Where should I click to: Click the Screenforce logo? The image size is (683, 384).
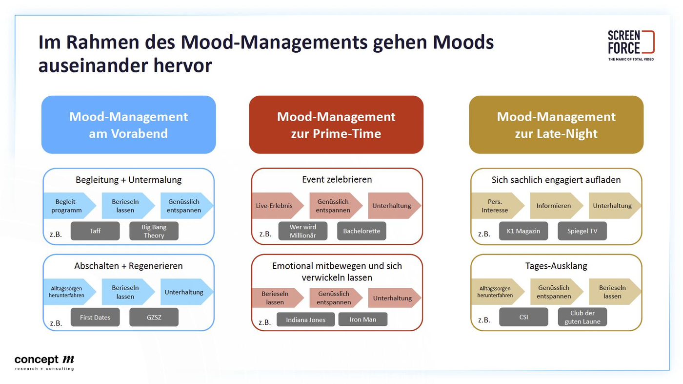coord(631,45)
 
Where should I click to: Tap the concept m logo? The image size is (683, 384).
coord(44,363)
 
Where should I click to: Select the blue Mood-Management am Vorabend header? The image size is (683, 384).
coord(129,125)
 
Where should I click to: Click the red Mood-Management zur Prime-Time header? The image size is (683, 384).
coord(336,125)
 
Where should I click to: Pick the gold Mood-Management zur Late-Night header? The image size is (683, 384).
coord(556,125)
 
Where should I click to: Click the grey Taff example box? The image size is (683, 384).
coord(95,231)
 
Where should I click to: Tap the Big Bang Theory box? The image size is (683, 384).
coord(154,231)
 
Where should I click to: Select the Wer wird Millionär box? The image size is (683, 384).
coord(303,231)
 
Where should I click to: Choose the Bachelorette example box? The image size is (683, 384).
coord(362,231)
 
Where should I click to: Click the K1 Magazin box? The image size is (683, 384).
coord(523,231)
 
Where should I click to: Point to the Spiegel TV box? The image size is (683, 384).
coord(583,231)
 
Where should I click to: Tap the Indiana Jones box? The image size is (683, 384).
coord(305,320)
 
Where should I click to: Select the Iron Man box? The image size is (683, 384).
coord(363,320)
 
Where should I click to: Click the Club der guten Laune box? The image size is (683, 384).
coord(583,317)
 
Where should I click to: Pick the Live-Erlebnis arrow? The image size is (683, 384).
coord(277,205)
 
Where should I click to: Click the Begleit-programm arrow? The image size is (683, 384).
coord(69,205)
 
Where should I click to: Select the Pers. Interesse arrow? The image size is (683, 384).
coord(498,205)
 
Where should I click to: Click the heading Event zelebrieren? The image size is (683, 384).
coord(337,179)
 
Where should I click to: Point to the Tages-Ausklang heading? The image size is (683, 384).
coord(556,266)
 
